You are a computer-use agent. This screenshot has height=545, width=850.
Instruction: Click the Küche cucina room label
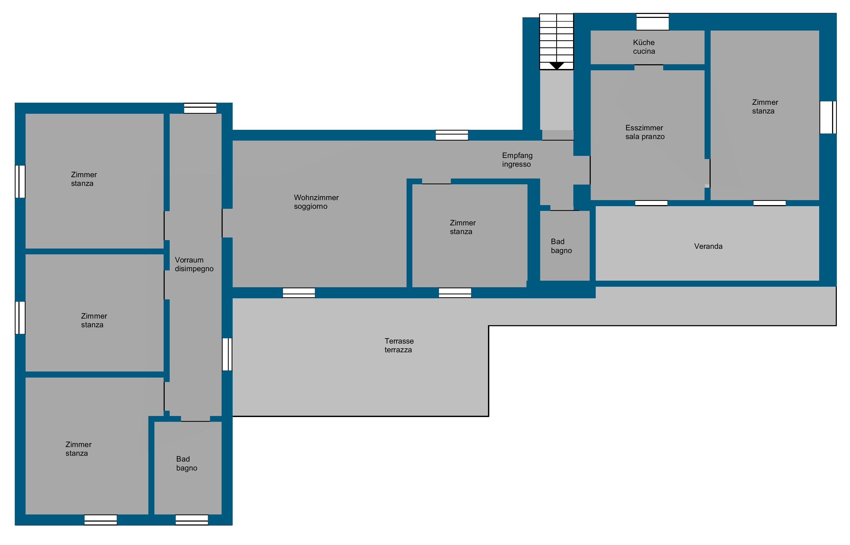pyautogui.click(x=644, y=47)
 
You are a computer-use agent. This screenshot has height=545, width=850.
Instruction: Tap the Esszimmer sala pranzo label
pyautogui.click(x=644, y=132)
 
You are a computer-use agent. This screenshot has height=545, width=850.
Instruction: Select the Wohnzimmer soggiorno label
pyautogui.click(x=316, y=202)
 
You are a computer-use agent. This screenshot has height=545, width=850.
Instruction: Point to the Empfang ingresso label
pyautogui.click(x=517, y=160)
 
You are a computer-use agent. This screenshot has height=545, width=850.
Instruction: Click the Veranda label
pyautogui.click(x=708, y=246)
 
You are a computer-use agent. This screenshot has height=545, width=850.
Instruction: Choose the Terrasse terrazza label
pyautogui.click(x=399, y=345)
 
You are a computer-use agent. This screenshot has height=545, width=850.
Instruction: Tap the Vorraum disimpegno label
pyautogui.click(x=194, y=264)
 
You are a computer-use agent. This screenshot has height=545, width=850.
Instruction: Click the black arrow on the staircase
pyautogui.click(x=556, y=66)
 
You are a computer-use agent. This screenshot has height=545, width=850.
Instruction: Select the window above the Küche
pyautogui.click(x=652, y=22)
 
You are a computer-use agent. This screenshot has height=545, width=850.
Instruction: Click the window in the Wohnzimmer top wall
pyautogui.click(x=452, y=135)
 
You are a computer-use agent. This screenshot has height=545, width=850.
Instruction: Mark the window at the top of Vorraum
pyautogui.click(x=200, y=108)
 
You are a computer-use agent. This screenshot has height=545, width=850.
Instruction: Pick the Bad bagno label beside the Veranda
pyautogui.click(x=561, y=246)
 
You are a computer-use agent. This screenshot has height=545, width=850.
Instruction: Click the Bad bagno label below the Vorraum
pyautogui.click(x=187, y=463)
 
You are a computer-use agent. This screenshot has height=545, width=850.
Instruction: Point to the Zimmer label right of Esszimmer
pyautogui.click(x=765, y=107)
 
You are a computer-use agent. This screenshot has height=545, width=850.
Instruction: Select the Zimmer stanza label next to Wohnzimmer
pyautogui.click(x=462, y=227)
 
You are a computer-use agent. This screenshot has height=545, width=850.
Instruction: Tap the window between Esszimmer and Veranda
pyautogui.click(x=651, y=203)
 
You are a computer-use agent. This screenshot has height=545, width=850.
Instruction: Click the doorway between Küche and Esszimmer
pyautogui.click(x=648, y=67)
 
